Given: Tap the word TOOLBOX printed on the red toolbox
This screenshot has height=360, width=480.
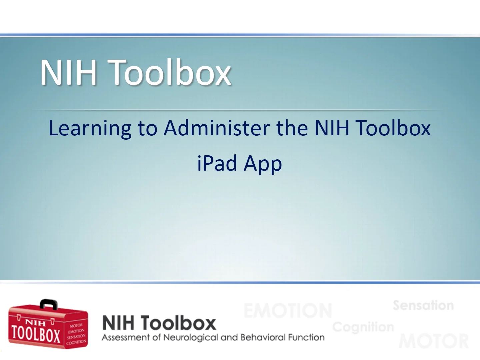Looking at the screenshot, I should [x=36, y=334].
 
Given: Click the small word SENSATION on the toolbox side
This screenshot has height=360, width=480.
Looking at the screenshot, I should [x=76, y=337].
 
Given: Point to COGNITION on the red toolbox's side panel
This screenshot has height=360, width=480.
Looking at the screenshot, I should [x=76, y=342].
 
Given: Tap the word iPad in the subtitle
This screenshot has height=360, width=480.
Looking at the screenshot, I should [x=217, y=163].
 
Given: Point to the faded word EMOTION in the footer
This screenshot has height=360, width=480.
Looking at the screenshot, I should [x=288, y=311].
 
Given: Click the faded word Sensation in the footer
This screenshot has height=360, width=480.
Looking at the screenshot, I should [x=423, y=305].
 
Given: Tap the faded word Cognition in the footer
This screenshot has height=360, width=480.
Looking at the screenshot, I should [x=363, y=327].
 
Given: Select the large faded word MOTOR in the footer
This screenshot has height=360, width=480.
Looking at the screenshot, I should [x=434, y=341].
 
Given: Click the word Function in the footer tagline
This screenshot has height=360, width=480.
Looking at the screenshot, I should [x=306, y=338].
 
